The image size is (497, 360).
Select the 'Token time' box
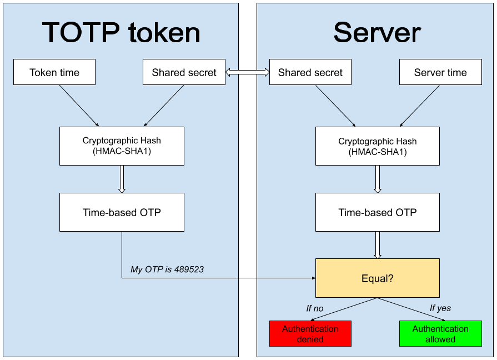click(x=54, y=72)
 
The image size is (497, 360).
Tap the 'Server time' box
click(x=440, y=72)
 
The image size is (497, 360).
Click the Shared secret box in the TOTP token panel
click(x=184, y=72)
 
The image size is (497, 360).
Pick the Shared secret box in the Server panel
click(x=310, y=72)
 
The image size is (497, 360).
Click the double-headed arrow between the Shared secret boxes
click(x=247, y=72)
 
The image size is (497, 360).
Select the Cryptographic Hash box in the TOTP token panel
click(x=122, y=146)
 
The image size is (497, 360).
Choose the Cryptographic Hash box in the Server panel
click(x=377, y=146)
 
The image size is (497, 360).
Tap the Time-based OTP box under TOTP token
click(x=122, y=212)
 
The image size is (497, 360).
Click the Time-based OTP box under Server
click(x=377, y=212)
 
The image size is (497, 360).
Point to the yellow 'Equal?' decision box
click(x=377, y=278)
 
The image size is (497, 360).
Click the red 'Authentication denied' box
click(x=310, y=333)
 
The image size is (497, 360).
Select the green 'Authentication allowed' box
click(x=440, y=333)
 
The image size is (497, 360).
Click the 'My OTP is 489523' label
click(x=167, y=269)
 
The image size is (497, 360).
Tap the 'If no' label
click(x=314, y=308)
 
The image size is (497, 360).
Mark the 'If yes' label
click(x=440, y=308)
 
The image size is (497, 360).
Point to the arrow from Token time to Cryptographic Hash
click(x=78, y=106)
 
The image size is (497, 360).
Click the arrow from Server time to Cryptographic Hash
click(x=420, y=106)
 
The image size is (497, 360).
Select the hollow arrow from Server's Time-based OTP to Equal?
click(x=378, y=245)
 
